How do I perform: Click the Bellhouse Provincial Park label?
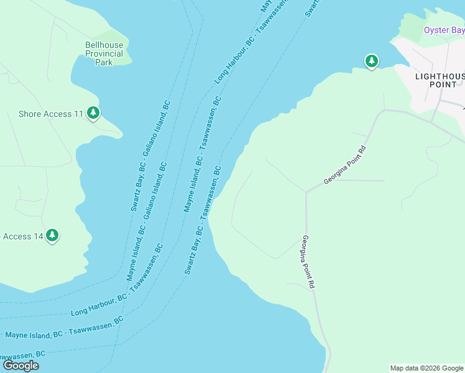[x=104, y=53]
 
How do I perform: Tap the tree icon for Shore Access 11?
[x=93, y=113]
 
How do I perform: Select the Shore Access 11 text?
[x=51, y=114]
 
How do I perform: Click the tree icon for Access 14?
[x=53, y=235]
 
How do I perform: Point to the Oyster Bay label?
[x=444, y=30]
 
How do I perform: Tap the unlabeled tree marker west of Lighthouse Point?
[x=371, y=61]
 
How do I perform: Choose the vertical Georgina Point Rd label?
[x=308, y=261]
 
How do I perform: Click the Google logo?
[x=20, y=365]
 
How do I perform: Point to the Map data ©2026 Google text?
[x=426, y=368]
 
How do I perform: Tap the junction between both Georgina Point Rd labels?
[x=306, y=192]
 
